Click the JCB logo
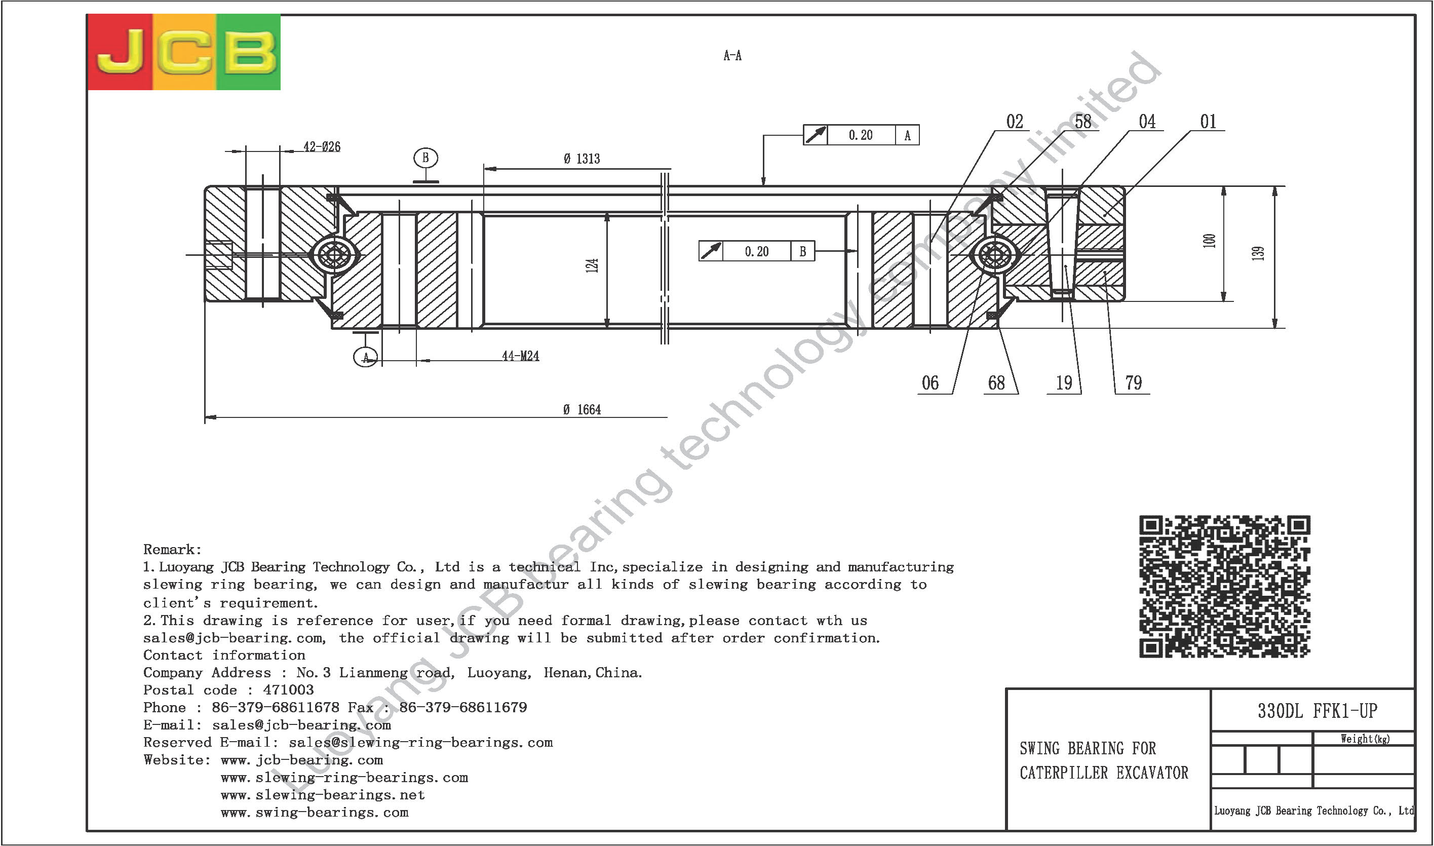click(183, 52)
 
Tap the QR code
click(1224, 587)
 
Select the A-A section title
click(732, 55)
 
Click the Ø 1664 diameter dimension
click(582, 409)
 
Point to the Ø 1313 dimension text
click(582, 159)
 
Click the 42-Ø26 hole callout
click(322, 146)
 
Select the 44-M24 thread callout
click(520, 356)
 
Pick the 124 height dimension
click(592, 265)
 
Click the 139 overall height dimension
click(1258, 253)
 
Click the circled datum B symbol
click(425, 158)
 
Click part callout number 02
click(1015, 122)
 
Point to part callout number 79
click(1133, 382)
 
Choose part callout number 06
click(930, 382)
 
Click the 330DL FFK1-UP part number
click(1317, 711)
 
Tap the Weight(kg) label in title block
click(1365, 739)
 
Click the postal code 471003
click(288, 690)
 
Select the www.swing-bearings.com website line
click(315, 813)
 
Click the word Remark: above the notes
click(172, 550)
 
